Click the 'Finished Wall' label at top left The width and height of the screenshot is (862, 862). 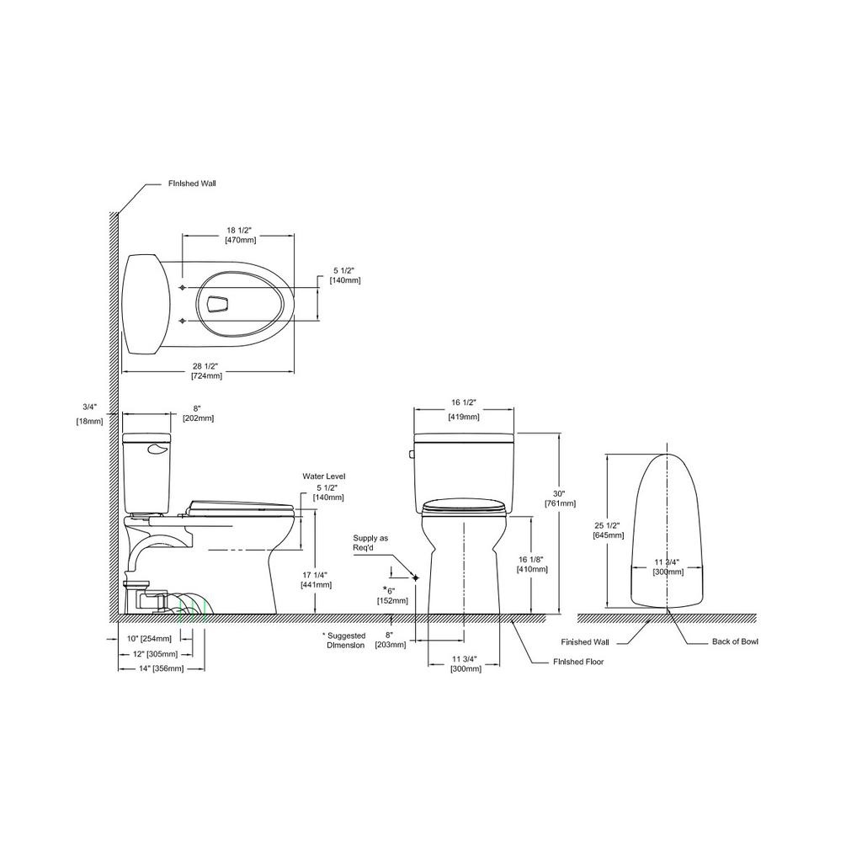tap(192, 184)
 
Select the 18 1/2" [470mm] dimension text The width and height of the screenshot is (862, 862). tap(240, 236)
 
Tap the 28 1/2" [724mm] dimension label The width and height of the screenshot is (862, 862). tap(206, 371)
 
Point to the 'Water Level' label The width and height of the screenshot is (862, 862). tap(324, 476)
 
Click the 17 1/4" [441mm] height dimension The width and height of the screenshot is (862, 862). tap(317, 580)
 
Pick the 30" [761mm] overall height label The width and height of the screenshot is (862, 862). tap(560, 498)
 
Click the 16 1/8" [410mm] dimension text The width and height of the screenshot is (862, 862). tap(532, 565)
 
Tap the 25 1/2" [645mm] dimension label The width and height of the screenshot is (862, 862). tap(608, 530)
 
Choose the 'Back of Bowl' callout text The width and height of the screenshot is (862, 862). tap(735, 641)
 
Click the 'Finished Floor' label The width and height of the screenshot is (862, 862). tap(578, 662)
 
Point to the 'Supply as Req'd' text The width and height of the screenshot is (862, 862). tap(370, 543)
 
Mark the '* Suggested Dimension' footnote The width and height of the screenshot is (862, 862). tap(343, 641)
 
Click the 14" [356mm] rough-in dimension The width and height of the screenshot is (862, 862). tap(151, 668)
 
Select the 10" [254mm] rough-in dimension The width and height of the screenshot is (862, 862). tap(148, 639)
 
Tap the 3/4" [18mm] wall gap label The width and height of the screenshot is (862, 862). tap(89, 414)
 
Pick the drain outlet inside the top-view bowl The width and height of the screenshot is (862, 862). tap(218, 304)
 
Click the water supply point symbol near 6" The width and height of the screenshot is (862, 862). tap(415, 577)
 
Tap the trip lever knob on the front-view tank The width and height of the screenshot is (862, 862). tap(411, 454)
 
